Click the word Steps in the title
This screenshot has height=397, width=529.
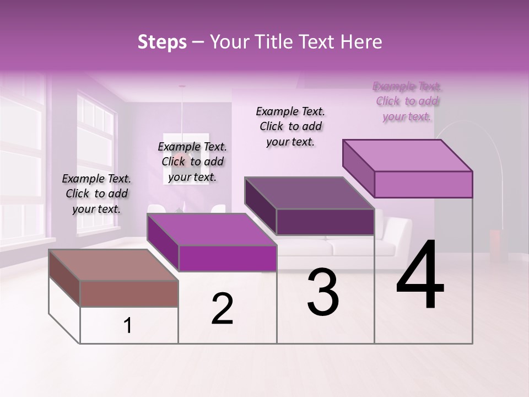point(162,42)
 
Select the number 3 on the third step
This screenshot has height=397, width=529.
point(323,292)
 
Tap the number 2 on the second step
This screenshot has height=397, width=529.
point(222,309)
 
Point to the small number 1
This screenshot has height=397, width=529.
point(127,326)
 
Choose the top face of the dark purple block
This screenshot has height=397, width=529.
point(309,193)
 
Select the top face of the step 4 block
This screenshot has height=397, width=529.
point(407,155)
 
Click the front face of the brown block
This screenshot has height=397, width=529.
point(129,293)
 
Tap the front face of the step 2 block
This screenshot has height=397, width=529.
point(227,258)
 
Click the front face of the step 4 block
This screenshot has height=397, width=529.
point(423,184)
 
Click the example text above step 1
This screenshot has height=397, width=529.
point(96,194)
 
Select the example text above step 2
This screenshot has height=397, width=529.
point(192,162)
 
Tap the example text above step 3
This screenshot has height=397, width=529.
point(290,126)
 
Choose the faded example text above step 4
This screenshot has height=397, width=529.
point(407,101)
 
